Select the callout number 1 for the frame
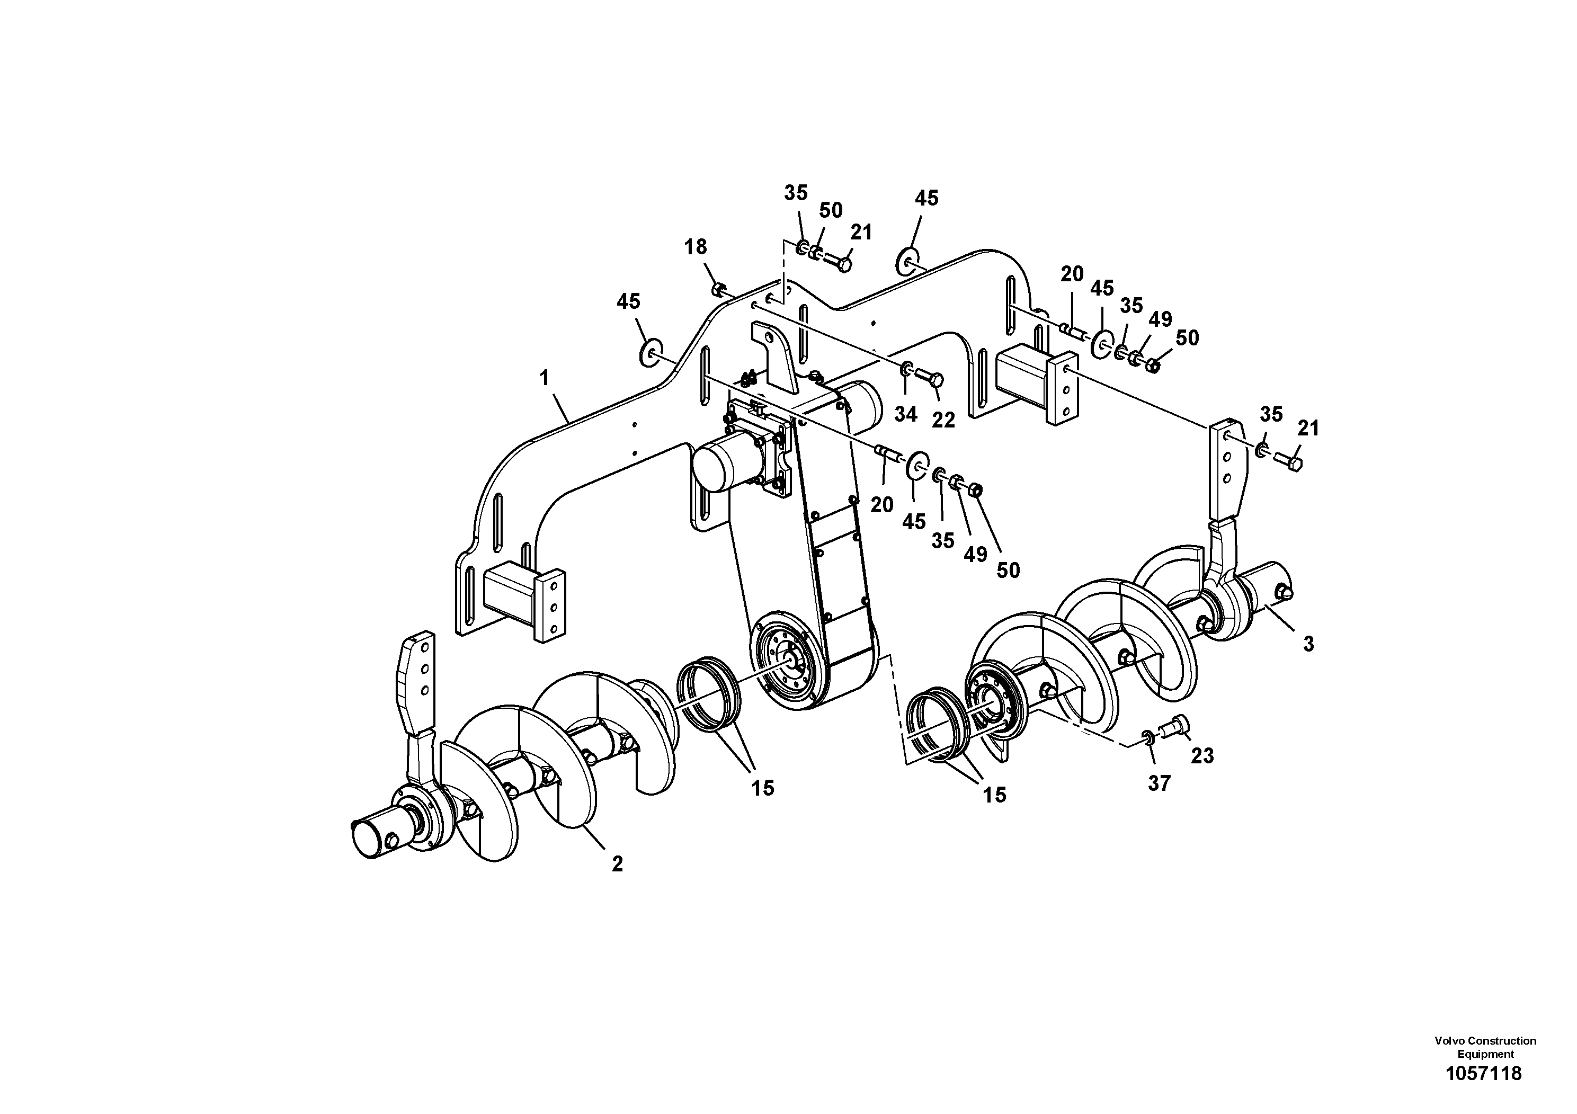point(545,378)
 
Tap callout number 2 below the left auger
point(617,864)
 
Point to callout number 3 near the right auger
point(1308,644)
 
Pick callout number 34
point(905,414)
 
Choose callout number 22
point(943,420)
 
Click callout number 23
point(1202,755)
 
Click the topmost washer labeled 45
point(906,262)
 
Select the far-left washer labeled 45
point(649,353)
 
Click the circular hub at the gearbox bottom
point(790,660)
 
